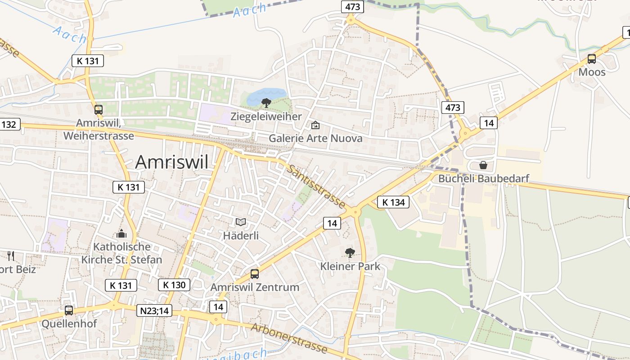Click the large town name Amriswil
(x=172, y=162)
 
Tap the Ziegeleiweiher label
(x=266, y=117)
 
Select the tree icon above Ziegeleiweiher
(x=266, y=103)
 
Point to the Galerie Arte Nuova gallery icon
(x=315, y=125)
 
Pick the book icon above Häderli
(x=241, y=222)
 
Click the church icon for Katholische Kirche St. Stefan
(x=121, y=234)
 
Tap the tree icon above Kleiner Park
(x=350, y=253)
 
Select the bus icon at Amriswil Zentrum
(x=255, y=274)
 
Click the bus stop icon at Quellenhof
(x=69, y=310)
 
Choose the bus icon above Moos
(x=592, y=58)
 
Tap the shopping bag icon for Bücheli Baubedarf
(x=483, y=165)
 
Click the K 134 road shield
(x=393, y=202)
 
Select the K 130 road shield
(x=174, y=285)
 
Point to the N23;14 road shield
(x=154, y=310)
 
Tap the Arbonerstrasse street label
(x=289, y=338)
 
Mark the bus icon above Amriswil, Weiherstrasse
(x=99, y=109)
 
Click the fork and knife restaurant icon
(x=11, y=256)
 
